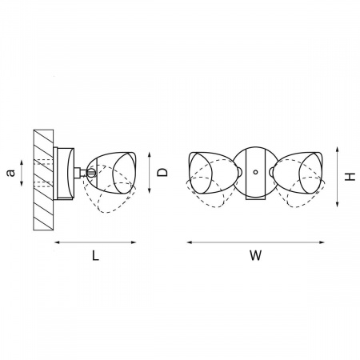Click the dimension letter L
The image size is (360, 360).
(x=95, y=256)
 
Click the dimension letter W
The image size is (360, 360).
(x=256, y=255)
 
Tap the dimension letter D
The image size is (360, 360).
(x=162, y=172)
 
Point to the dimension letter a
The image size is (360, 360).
(x=10, y=173)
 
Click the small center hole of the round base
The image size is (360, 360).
(x=255, y=172)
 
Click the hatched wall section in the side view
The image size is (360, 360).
(x=43, y=180)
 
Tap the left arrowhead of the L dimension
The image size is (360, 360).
(x=57, y=242)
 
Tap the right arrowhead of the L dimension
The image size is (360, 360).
(x=134, y=242)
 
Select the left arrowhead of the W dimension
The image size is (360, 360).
(x=189, y=242)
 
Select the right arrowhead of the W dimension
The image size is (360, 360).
(x=322, y=242)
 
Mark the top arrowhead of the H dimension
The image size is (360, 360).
(x=338, y=149)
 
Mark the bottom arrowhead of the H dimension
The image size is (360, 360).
(x=338, y=205)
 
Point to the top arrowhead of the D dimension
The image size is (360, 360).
(x=150, y=154)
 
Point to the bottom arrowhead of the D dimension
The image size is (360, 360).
(x=150, y=190)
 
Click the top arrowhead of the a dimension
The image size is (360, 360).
(x=22, y=162)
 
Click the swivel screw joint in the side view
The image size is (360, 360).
(x=91, y=172)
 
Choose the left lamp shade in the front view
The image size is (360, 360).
(x=214, y=173)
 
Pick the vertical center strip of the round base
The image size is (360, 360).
(x=255, y=173)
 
